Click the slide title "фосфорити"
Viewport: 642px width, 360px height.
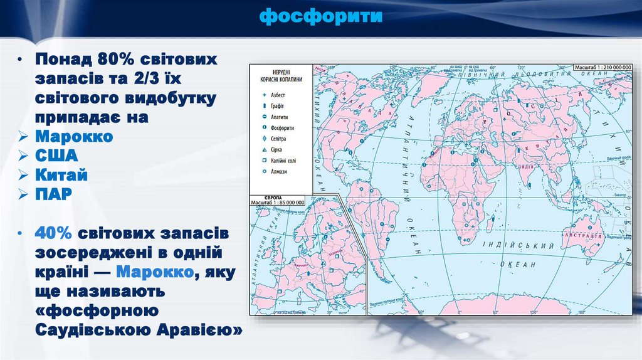tap(321, 15)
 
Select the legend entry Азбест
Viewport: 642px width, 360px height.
tap(278, 95)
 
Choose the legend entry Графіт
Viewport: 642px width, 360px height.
tap(277, 106)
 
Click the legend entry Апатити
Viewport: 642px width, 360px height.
tap(280, 117)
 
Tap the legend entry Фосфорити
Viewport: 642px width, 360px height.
tap(283, 128)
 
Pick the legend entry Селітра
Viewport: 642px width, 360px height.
tap(280, 139)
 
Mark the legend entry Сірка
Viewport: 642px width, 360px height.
tap(276, 150)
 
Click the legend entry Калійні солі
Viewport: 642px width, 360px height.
tap(284, 161)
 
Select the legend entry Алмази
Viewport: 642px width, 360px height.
tap(279, 171)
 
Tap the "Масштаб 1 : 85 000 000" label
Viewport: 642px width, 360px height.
tap(277, 202)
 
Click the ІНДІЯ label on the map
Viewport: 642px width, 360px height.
tap(526, 166)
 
